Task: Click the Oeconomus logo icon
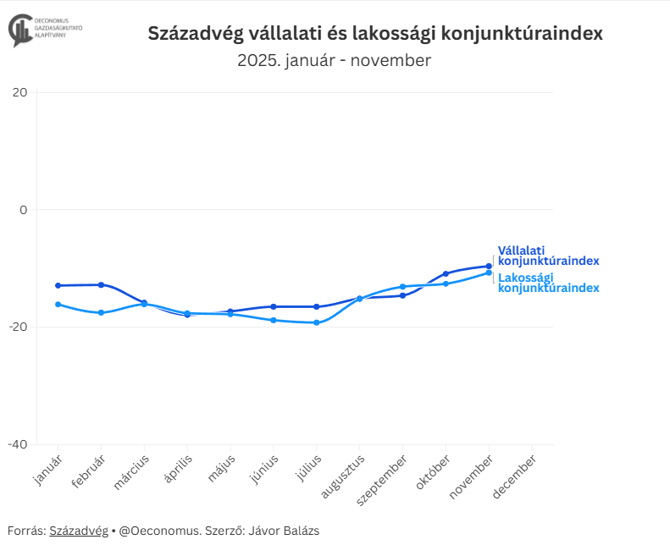[x=20, y=29]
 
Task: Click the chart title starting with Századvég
[x=375, y=34]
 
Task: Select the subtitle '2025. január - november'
[x=334, y=61]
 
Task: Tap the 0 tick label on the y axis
[x=24, y=210]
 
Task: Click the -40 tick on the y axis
[x=19, y=444]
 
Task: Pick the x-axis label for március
[x=133, y=471]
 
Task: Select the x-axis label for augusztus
[x=344, y=477]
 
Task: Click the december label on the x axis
[x=515, y=477]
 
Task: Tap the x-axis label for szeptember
[x=385, y=481]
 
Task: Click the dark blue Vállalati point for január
[x=58, y=285]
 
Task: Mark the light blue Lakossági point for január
[x=58, y=305]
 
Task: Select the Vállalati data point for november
[x=489, y=267]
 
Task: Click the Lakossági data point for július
[x=317, y=322]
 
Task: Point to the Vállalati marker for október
[x=446, y=273]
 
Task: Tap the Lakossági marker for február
[x=102, y=312]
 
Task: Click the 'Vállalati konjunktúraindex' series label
[x=548, y=256]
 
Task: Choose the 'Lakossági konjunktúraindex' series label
[x=548, y=283]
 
